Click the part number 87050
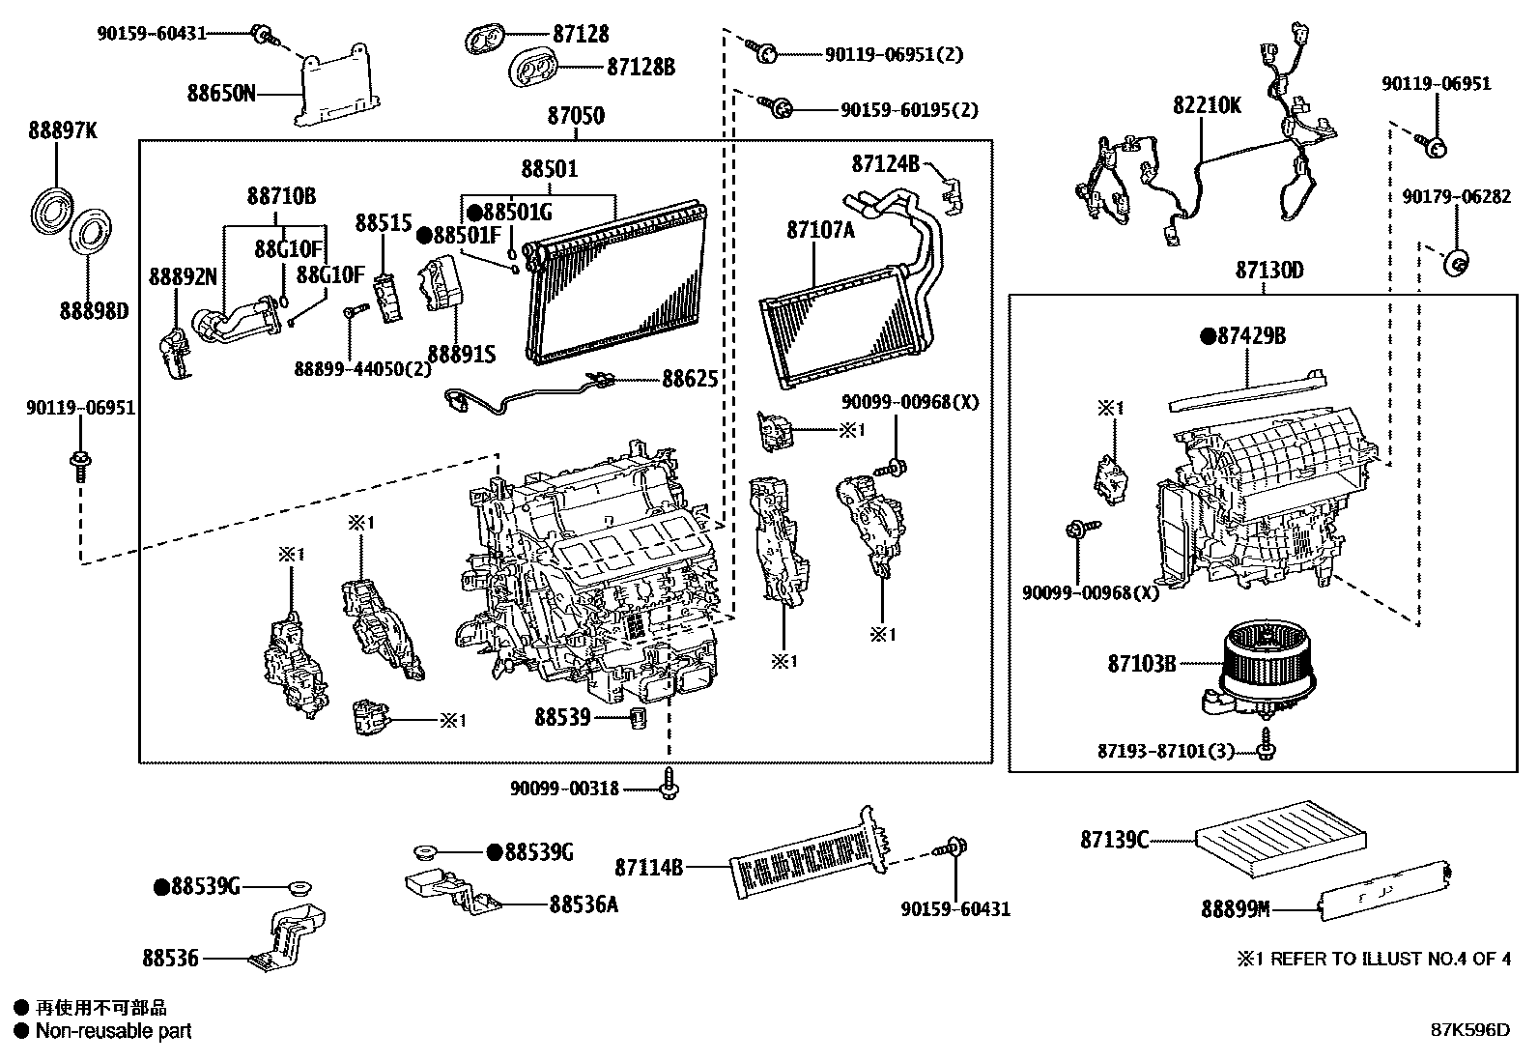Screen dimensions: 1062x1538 click(576, 117)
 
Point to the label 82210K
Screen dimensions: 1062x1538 click(1207, 105)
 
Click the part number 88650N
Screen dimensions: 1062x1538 click(221, 94)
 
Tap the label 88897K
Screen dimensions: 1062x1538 click(62, 131)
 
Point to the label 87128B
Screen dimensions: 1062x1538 click(641, 68)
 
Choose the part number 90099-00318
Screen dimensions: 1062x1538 click(565, 789)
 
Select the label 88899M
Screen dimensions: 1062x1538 click(1235, 909)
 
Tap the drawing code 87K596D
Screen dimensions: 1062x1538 click(1469, 1030)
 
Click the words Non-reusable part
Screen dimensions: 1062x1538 click(113, 1031)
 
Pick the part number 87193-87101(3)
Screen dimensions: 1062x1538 click(1166, 751)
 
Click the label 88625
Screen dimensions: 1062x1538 click(690, 379)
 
